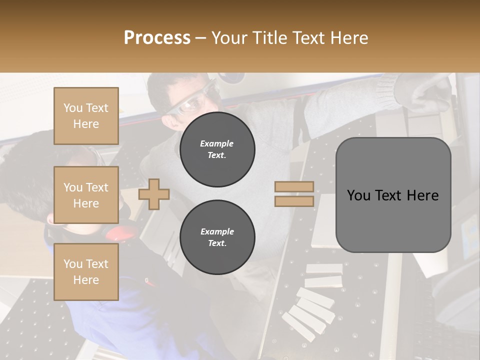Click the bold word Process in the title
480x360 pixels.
(157, 38)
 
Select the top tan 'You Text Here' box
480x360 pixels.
(86, 116)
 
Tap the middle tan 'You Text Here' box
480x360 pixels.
(86, 195)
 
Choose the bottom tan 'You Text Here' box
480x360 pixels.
(86, 271)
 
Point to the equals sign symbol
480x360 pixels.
(294, 194)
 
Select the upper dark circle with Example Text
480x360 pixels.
(217, 149)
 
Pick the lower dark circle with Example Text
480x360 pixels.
(217, 237)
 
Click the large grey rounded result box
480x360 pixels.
(393, 195)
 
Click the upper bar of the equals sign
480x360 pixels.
(294, 186)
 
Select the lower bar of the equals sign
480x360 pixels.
(294, 201)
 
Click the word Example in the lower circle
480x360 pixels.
(217, 231)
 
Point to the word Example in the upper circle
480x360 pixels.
(217, 143)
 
